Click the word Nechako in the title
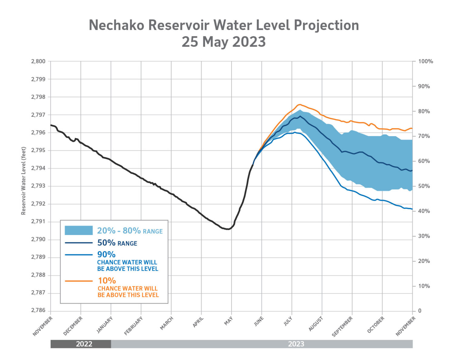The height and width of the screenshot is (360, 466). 116,25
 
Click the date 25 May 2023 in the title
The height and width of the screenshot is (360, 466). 224,42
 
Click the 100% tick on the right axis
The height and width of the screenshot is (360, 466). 426,61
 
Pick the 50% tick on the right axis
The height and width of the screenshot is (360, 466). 424,186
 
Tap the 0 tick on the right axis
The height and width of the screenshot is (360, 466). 420,311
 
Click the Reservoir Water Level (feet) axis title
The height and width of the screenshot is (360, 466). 23,181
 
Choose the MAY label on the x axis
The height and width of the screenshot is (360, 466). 228,321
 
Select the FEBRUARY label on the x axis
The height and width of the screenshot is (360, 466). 133,326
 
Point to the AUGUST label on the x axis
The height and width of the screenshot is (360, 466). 316,324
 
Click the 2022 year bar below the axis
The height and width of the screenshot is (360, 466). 81,344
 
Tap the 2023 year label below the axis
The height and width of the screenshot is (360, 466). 296,344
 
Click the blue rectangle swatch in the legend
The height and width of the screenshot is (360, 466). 79,230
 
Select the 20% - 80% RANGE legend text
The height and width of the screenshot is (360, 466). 130,231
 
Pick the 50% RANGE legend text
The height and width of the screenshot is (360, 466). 117,243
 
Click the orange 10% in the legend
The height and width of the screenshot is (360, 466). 107,281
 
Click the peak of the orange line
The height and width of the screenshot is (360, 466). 299,104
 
